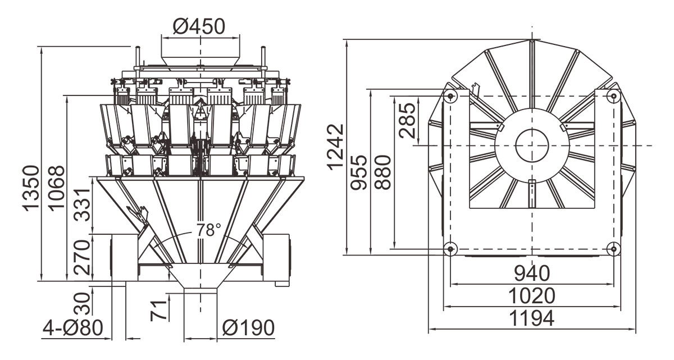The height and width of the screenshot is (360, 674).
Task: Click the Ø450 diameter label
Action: click(199, 26)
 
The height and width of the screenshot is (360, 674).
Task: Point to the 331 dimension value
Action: click(83, 206)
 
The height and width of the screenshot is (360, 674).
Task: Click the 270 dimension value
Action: click(83, 257)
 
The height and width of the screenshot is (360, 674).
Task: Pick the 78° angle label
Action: click(209, 230)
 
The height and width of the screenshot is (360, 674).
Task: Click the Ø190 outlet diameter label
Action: click(248, 327)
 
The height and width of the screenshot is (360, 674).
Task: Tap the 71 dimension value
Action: click(160, 309)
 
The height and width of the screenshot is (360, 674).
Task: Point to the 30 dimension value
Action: click(83, 303)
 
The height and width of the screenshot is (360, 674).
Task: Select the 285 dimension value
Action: click(407, 120)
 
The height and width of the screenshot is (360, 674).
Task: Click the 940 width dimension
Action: click(532, 274)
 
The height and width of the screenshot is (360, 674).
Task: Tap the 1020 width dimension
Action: click(532, 295)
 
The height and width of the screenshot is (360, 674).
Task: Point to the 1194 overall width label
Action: click(532, 318)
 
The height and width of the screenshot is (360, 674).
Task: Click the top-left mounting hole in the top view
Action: click(449, 97)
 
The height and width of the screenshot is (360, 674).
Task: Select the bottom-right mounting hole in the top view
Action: click(614, 248)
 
